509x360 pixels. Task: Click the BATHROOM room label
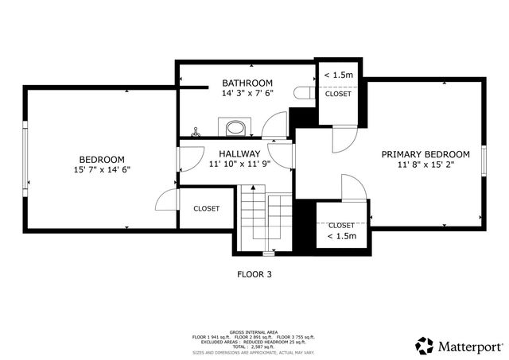pyautogui.click(x=247, y=83)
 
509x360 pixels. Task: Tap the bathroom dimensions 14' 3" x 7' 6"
pyautogui.click(x=247, y=93)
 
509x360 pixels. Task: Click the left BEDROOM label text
pyautogui.click(x=101, y=159)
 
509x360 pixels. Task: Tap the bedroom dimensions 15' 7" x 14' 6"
pyautogui.click(x=101, y=169)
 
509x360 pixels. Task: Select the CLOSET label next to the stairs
pyautogui.click(x=206, y=209)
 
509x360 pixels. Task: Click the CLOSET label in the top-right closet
pyautogui.click(x=338, y=94)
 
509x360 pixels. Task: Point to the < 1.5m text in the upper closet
pyautogui.click(x=339, y=75)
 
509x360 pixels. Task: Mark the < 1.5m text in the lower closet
pyautogui.click(x=341, y=236)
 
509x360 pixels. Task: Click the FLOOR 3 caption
pyautogui.click(x=254, y=275)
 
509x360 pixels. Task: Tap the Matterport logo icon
pyautogui.click(x=425, y=346)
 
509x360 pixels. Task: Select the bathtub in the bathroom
pyautogui.click(x=235, y=128)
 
